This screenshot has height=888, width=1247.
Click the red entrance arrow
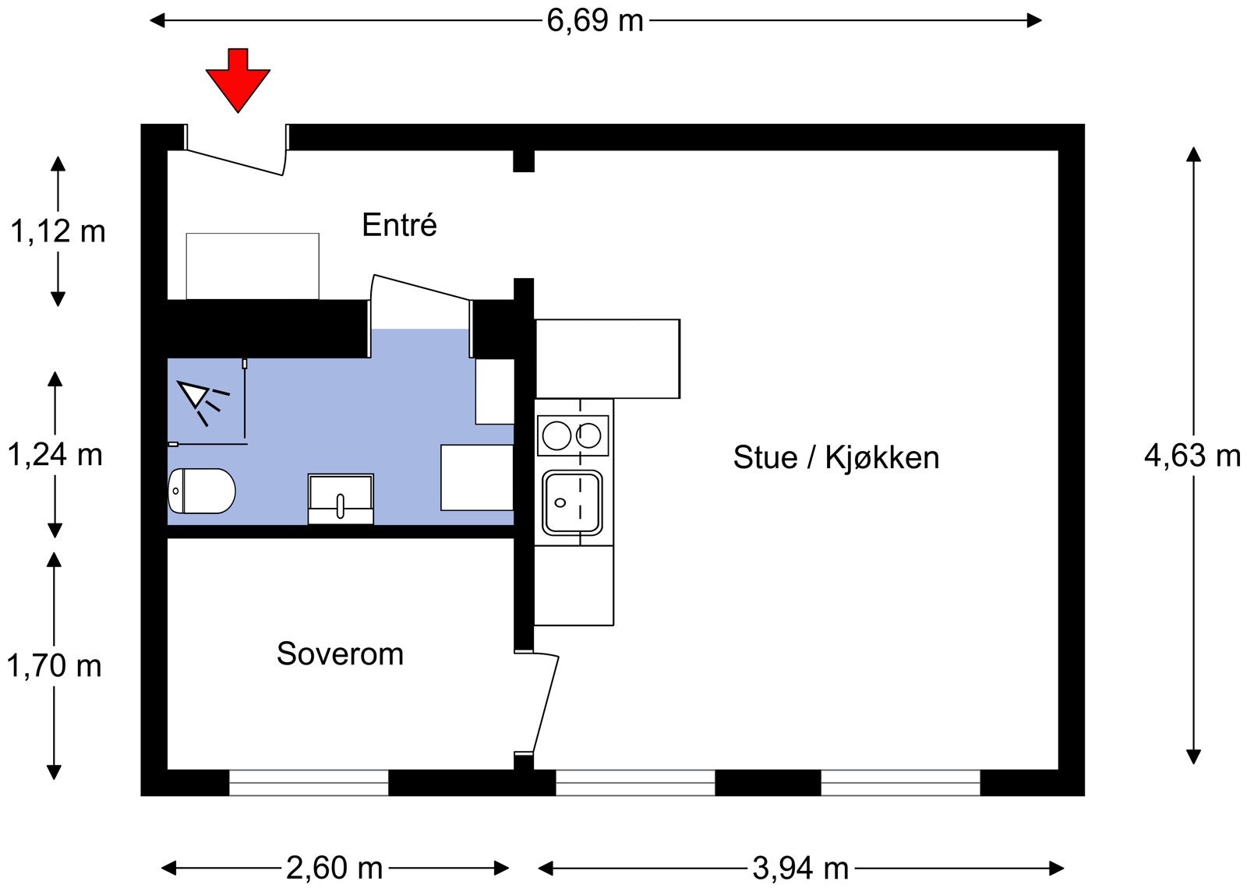point(238,79)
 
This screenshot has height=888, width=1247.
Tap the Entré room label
point(399,225)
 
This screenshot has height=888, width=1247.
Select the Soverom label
point(340,654)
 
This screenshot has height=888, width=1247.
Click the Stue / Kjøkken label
point(835,457)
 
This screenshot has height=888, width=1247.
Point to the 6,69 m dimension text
point(595,20)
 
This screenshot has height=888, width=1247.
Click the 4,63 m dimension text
point(1192,455)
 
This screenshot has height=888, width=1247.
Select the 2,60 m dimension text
point(334,868)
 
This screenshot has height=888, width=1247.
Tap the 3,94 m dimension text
point(800,868)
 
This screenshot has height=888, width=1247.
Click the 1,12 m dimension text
point(57,231)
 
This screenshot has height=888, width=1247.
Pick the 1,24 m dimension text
point(55,455)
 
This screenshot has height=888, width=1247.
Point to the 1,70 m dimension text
point(54,666)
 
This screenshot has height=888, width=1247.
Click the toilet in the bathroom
point(201,491)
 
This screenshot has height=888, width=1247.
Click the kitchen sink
point(573,502)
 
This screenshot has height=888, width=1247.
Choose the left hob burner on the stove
point(556,435)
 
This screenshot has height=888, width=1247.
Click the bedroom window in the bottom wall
point(309,782)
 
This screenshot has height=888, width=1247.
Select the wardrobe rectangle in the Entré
point(253,266)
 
